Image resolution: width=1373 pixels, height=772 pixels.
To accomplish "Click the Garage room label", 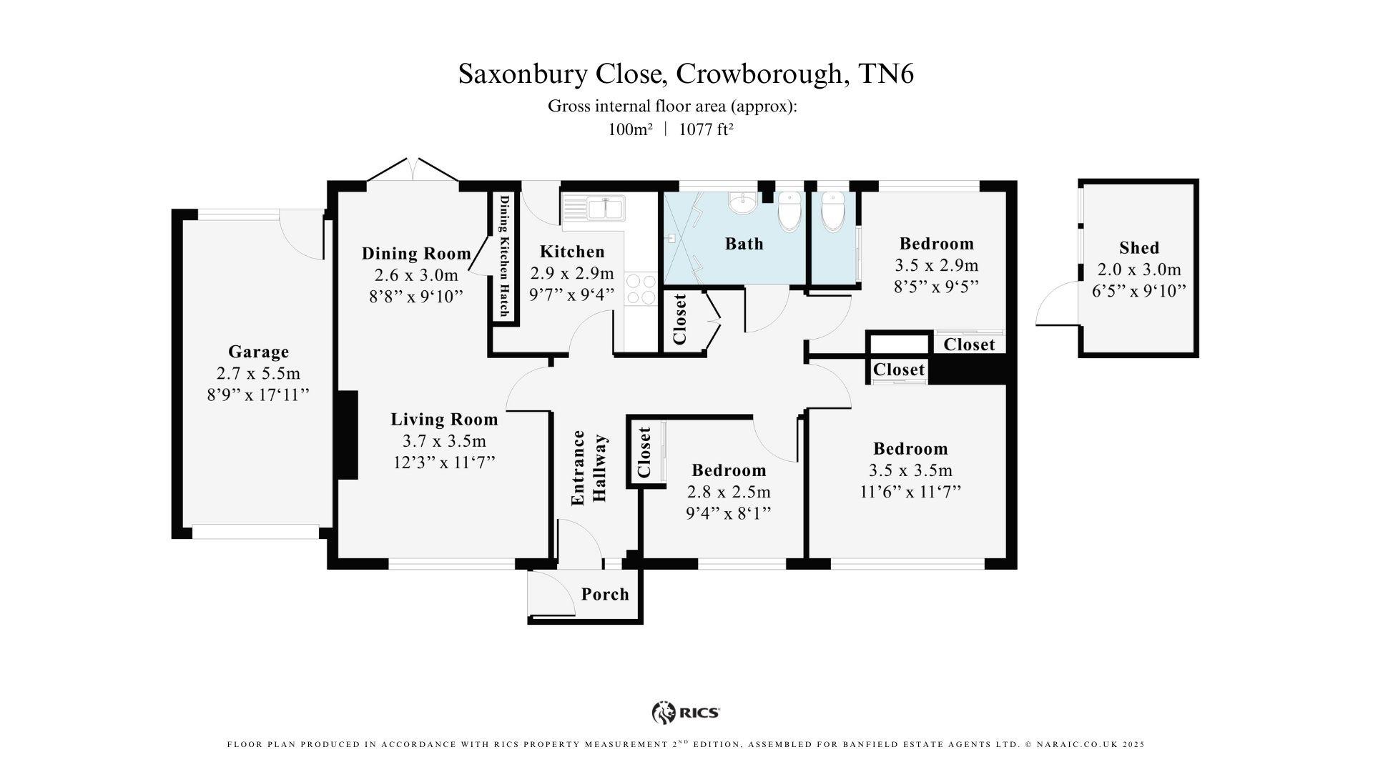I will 258,352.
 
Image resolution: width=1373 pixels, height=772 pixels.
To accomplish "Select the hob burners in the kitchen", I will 641,289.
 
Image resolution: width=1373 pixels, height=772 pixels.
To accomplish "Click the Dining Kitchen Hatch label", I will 504,256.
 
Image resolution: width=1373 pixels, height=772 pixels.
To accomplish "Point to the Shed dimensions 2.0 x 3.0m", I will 1138,269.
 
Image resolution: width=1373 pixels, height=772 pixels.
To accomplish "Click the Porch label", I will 605,594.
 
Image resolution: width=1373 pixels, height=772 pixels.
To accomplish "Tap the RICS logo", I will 685,712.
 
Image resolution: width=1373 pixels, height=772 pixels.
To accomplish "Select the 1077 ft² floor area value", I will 706,129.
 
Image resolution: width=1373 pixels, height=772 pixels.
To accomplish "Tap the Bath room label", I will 744,244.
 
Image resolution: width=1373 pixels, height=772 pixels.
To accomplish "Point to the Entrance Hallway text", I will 589,468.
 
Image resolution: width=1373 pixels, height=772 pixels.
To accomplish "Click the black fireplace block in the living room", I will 347,435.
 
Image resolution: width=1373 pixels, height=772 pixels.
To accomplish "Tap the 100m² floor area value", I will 630,129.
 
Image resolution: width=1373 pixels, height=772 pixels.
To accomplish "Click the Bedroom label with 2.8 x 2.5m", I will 729,470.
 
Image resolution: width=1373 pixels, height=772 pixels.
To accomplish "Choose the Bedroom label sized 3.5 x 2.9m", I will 936,244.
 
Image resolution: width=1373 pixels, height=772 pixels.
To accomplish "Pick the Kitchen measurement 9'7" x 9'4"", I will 571,295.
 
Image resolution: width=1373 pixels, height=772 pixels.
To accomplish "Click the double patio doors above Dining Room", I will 413,172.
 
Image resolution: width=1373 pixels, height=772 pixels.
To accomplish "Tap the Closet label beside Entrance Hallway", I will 644,452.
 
